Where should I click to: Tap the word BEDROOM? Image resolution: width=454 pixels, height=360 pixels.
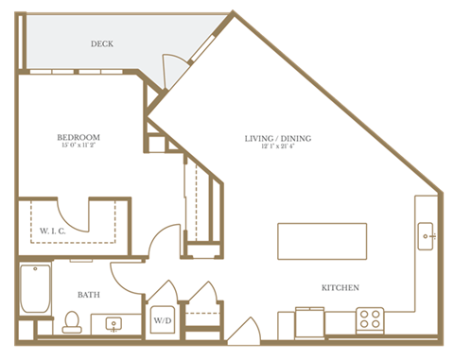tap(79, 138)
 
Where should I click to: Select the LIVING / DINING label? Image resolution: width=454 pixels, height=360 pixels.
tap(278, 139)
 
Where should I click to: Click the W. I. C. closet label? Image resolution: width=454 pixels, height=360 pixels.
tap(53, 231)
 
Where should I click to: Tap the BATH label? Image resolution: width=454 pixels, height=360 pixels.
tap(90, 294)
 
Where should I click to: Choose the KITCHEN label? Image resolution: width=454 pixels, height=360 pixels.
tap(339, 287)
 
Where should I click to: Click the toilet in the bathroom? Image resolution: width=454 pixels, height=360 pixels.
tap(70, 325)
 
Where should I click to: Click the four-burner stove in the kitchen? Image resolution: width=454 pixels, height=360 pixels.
tap(370, 319)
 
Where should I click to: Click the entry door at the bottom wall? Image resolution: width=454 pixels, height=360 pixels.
tap(243, 332)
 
